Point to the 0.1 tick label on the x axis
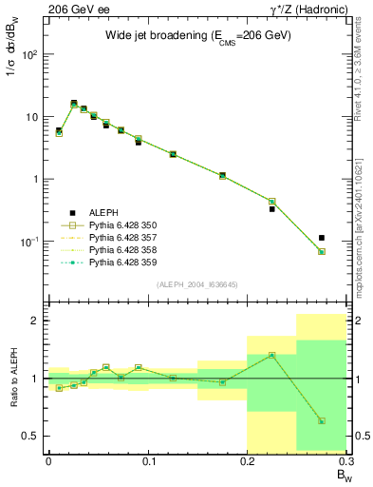point(147,461)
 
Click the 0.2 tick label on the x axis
point(247,461)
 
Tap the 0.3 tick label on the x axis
point(346,461)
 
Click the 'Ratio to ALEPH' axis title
point(12,379)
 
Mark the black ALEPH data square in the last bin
point(322,238)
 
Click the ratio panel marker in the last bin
point(322,420)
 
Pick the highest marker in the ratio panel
point(271,355)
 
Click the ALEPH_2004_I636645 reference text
point(196,284)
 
